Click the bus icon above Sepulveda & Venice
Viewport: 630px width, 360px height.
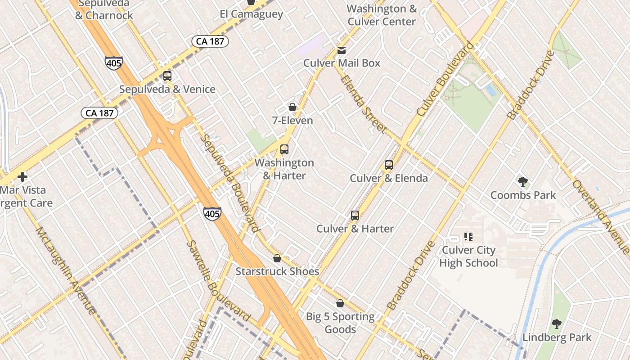tap(167, 76)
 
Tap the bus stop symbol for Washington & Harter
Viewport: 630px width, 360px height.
tap(284, 149)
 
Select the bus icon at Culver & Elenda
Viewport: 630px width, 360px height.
tap(389, 165)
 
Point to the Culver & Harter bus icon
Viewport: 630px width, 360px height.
tap(355, 216)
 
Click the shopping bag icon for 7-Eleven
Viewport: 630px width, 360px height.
tap(292, 108)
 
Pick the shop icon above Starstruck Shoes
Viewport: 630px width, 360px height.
tap(277, 259)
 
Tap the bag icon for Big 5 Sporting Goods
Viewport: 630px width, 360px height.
tap(340, 304)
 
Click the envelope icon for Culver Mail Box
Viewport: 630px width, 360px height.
tap(342, 50)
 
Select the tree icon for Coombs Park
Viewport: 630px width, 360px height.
tap(523, 182)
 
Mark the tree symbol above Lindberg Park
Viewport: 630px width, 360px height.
tap(557, 324)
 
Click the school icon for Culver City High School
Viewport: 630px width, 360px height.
tap(468, 237)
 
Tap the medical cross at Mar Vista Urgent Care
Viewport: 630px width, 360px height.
tap(22, 177)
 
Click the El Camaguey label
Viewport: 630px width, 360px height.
tap(251, 14)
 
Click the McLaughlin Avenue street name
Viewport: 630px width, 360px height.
tap(66, 270)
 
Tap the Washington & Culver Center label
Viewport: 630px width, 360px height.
tap(382, 15)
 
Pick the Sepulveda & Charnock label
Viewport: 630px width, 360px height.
tap(104, 9)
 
